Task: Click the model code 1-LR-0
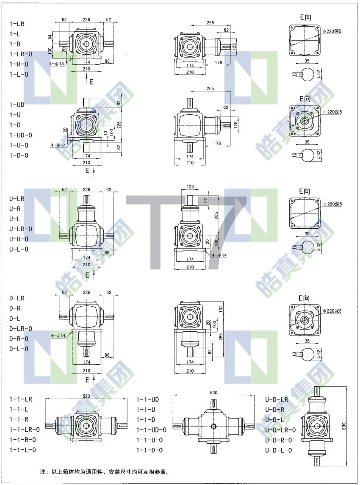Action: [x=20, y=54]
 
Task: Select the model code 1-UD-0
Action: [x=20, y=135]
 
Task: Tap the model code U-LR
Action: [x=17, y=199]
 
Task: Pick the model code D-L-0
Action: [x=19, y=349]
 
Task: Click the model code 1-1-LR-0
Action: [x=25, y=430]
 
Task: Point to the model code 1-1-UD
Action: [x=148, y=399]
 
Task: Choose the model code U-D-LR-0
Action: [x=280, y=430]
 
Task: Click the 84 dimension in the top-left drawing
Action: [x=50, y=37]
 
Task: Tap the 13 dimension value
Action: [x=106, y=133]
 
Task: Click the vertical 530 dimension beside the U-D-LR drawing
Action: [x=344, y=426]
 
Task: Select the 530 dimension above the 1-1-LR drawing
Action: [x=86, y=396]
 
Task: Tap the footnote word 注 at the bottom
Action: [x=43, y=472]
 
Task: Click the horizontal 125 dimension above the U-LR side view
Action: [x=190, y=187]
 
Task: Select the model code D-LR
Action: [x=17, y=298]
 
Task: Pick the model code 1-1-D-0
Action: [x=150, y=450]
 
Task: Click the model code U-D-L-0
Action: [x=278, y=450]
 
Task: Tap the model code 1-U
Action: [x=15, y=115]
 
